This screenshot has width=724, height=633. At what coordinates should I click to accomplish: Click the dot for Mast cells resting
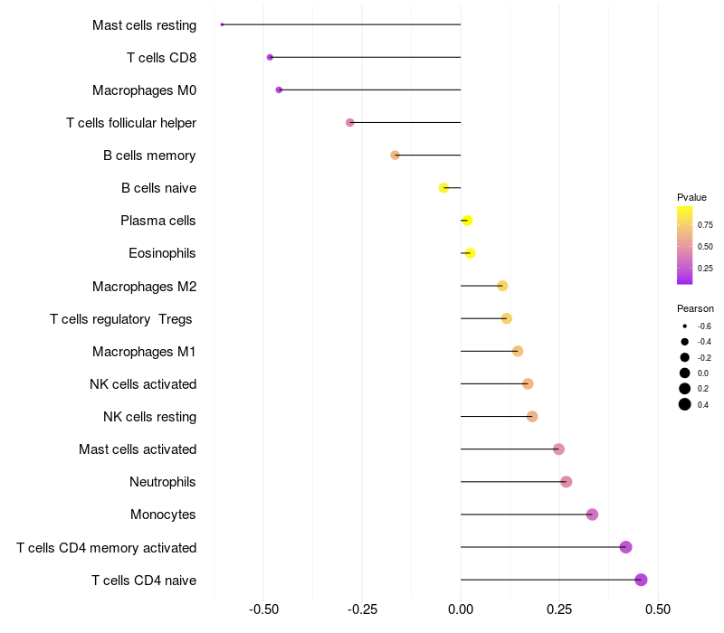pyautogui.click(x=222, y=24)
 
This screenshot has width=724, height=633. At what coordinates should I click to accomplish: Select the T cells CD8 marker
pyautogui.click(x=270, y=57)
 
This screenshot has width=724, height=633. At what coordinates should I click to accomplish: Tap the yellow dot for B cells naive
pyautogui.click(x=443, y=188)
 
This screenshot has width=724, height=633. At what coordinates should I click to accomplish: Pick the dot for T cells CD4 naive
pyautogui.click(x=641, y=580)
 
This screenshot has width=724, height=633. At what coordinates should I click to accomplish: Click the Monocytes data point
pyautogui.click(x=593, y=515)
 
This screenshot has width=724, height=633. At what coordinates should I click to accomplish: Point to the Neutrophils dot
pyautogui.click(x=567, y=482)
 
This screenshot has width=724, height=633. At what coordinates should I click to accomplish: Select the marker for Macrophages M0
pyautogui.click(x=279, y=90)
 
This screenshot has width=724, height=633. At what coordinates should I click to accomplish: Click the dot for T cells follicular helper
pyautogui.click(x=350, y=123)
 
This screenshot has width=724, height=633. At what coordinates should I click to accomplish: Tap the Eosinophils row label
pyautogui.click(x=162, y=253)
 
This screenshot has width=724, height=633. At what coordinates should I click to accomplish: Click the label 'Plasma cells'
pyautogui.click(x=157, y=221)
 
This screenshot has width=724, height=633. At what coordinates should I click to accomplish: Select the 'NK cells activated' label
pyautogui.click(x=143, y=383)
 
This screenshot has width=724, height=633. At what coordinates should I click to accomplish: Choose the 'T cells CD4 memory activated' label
pyautogui.click(x=106, y=548)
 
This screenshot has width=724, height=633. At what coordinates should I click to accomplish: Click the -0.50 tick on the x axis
pyautogui.click(x=263, y=609)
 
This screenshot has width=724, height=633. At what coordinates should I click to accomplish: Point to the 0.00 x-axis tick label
pyautogui.click(x=461, y=609)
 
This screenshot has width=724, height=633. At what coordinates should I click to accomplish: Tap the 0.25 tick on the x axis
pyautogui.click(x=559, y=609)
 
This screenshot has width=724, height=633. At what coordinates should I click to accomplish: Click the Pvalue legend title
pyautogui.click(x=691, y=197)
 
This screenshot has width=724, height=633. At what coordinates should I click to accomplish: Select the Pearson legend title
pyautogui.click(x=695, y=308)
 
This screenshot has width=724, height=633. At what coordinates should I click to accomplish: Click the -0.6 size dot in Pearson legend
pyautogui.click(x=685, y=326)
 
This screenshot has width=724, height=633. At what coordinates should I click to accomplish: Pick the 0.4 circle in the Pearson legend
pyautogui.click(x=685, y=404)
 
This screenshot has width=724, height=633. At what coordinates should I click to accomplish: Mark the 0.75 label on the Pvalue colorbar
pyautogui.click(x=705, y=225)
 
